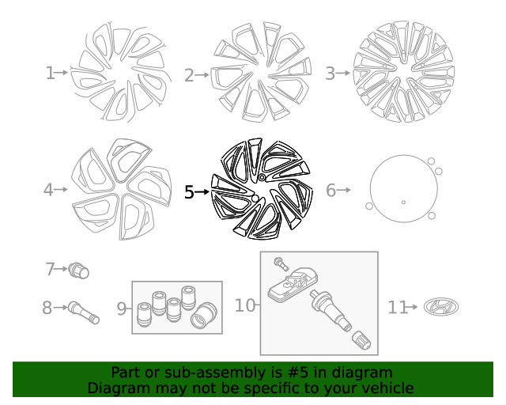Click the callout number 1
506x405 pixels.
coord(50,74)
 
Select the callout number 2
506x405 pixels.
coord(189,76)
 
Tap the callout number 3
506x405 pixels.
coord(330,74)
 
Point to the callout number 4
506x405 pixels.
coord(48,190)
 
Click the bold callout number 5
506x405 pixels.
coord(189,191)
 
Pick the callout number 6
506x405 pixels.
coord(331,190)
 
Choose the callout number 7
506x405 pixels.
coord(50,269)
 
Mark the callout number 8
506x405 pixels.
coord(47,307)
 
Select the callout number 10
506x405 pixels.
coord(245,305)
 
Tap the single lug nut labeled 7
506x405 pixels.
coord(79,271)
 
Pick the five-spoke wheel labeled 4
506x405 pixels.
coord(120,190)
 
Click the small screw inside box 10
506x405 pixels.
coord(279,263)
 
